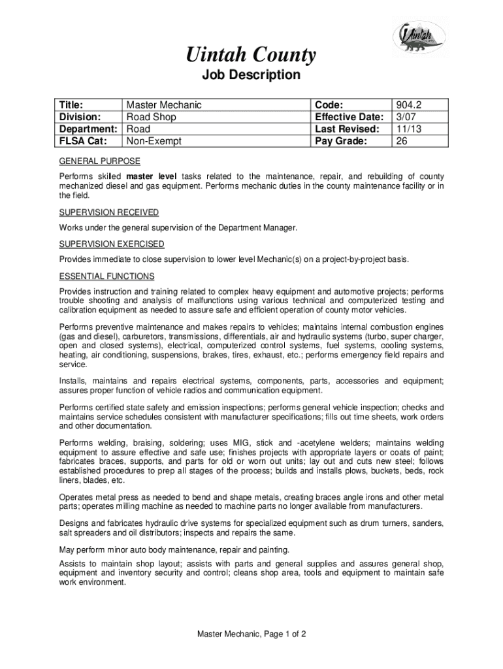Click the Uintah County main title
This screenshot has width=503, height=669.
click(x=252, y=55)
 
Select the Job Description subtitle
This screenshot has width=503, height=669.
click(x=252, y=75)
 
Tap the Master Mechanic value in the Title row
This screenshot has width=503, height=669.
click(x=164, y=105)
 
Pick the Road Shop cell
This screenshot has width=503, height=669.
click(x=151, y=117)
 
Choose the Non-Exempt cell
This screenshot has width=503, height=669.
click(x=154, y=140)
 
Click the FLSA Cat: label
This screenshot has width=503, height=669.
click(x=82, y=140)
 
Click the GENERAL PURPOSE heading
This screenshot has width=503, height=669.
click(x=99, y=161)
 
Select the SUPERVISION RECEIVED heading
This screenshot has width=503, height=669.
click(x=109, y=212)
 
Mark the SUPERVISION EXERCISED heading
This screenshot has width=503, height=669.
click(x=112, y=244)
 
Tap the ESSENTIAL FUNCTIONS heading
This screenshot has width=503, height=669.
click(x=106, y=276)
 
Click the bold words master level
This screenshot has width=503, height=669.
click(x=152, y=177)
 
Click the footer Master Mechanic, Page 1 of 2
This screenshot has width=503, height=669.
click(x=252, y=634)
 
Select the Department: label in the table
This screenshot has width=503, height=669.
click(x=90, y=129)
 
